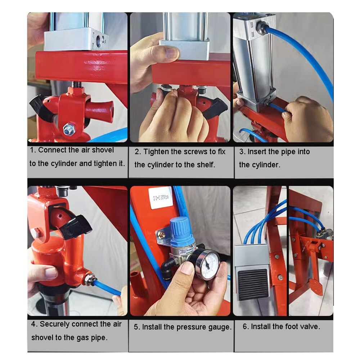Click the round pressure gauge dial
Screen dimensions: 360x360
(x=208, y=265)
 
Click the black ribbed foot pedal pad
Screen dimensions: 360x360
(x=253, y=284)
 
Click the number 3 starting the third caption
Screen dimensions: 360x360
(x=242, y=152)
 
